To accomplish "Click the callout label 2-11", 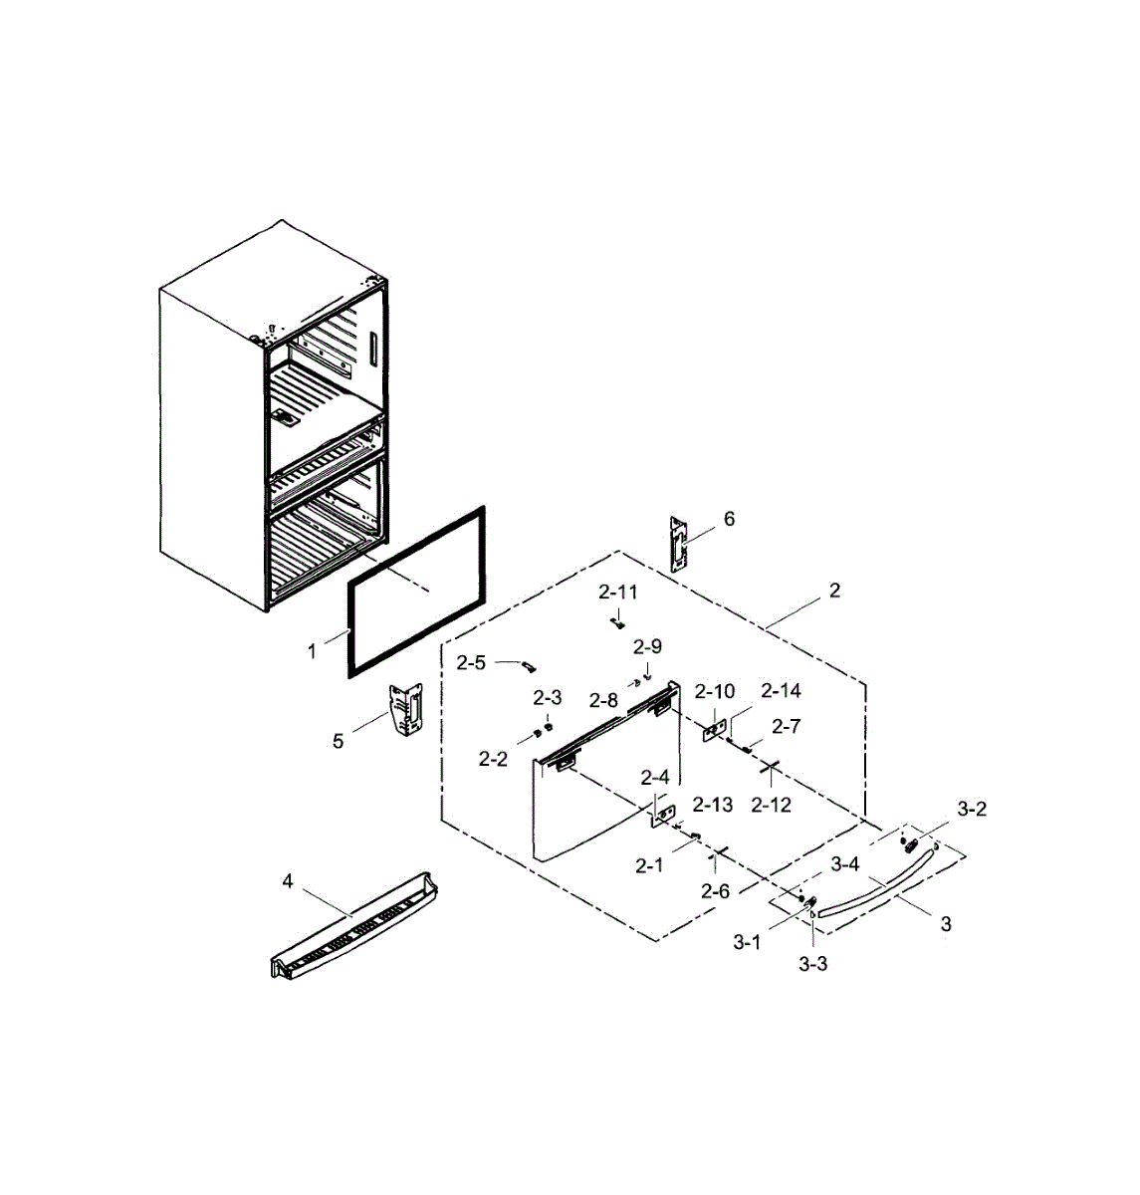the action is point(617,592).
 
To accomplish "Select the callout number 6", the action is point(730,519).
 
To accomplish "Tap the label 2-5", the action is point(471,662).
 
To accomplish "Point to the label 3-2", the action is point(972,810).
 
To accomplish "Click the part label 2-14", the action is point(781,690).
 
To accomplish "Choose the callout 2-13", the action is point(713,805).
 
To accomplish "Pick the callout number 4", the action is point(288,880).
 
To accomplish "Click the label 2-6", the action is point(715,891).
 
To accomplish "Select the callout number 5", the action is point(339,741).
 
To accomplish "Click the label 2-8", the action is point(603,700).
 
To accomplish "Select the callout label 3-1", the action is point(747,942).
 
